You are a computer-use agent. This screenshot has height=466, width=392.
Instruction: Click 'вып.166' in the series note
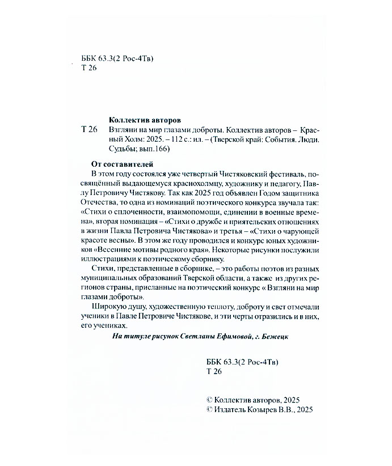(155, 150)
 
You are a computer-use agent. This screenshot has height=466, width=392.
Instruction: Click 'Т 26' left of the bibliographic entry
(89, 130)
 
